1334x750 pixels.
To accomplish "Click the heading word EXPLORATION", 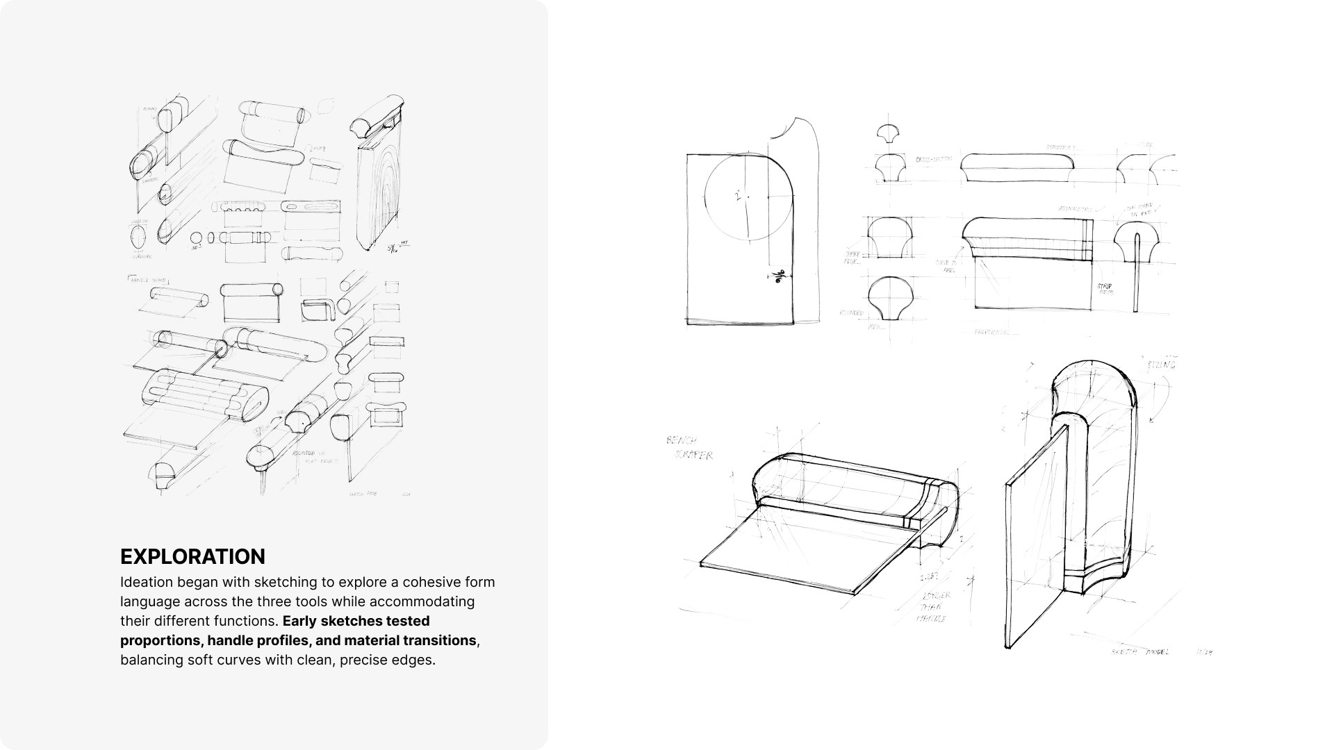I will [192, 557].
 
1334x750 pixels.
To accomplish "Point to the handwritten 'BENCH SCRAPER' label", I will [689, 448].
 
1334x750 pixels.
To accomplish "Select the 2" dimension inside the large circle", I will [739, 197].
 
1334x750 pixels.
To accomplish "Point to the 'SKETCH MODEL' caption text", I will [1139, 652].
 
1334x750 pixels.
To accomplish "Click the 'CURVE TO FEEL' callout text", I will [946, 266].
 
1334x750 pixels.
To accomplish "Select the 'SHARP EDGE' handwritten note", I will [853, 258].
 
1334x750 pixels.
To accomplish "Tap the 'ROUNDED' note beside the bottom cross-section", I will [851, 313].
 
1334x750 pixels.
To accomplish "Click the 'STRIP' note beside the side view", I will [1105, 288].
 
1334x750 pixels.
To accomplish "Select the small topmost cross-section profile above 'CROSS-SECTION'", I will [888, 132].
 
